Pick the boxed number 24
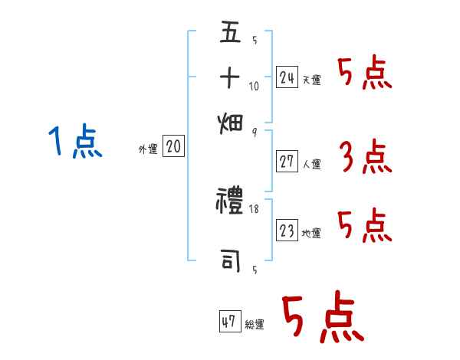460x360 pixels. coord(287,77)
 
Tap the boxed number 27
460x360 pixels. coord(287,162)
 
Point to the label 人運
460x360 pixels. coord(311,164)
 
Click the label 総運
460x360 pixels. coord(254,326)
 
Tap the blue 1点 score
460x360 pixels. coord(76,142)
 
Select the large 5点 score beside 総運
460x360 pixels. coord(322,318)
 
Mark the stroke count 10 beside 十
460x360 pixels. coord(254,86)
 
